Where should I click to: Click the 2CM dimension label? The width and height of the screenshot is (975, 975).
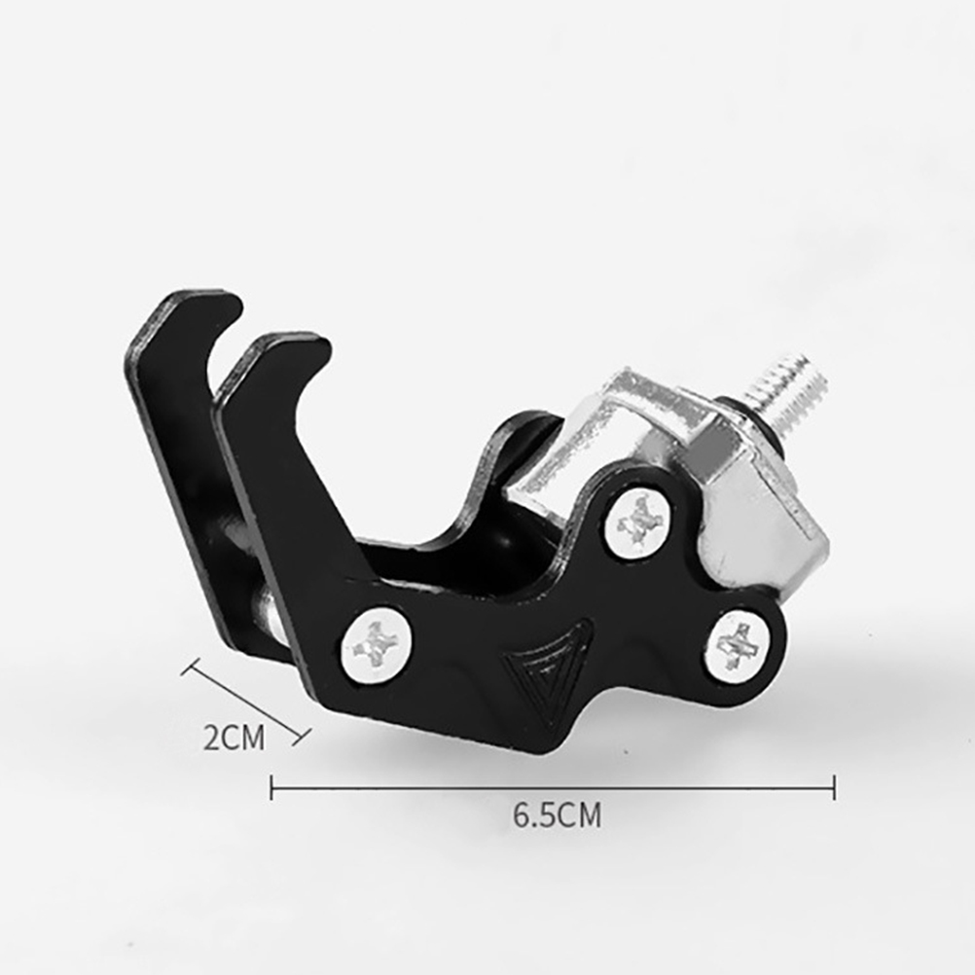(x=234, y=738)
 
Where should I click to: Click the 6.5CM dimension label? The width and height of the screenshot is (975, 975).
(x=558, y=815)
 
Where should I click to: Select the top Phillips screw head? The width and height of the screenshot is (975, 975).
(x=637, y=521)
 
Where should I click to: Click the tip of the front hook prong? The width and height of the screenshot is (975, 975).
(x=318, y=347)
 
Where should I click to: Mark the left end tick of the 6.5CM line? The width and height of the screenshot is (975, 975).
(x=271, y=788)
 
